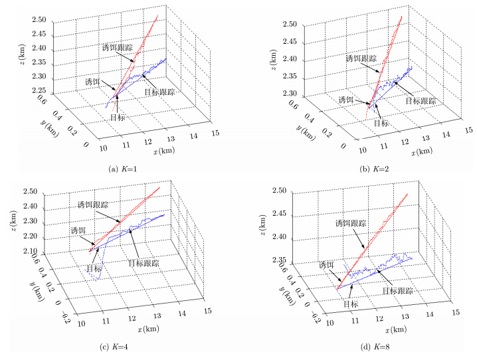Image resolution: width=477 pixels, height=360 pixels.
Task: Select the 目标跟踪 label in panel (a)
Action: click(159, 92)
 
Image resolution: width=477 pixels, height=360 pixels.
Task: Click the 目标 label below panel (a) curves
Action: click(118, 117)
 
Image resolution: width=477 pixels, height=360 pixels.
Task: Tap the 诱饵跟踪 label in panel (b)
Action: click(361, 58)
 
